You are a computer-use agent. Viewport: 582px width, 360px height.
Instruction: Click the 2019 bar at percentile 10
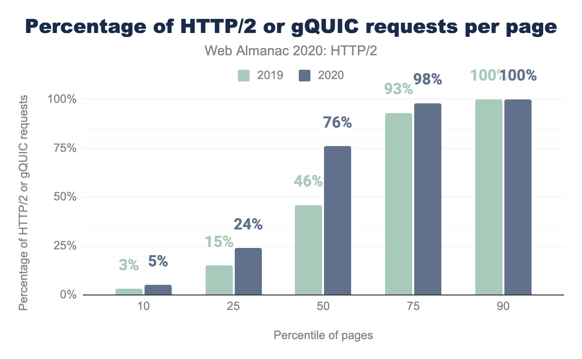tap(129, 292)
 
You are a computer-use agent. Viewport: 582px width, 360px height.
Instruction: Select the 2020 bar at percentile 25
tap(248, 272)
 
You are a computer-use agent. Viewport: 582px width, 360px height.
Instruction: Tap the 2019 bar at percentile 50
tap(308, 250)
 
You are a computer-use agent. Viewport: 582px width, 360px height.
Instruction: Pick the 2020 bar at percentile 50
tap(338, 220)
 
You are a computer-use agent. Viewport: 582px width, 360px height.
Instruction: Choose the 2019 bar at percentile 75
tap(398, 204)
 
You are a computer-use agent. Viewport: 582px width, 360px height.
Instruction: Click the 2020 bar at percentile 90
tap(518, 197)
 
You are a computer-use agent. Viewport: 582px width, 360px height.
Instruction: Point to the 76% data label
tap(338, 122)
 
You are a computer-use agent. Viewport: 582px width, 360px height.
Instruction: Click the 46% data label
tap(308, 181)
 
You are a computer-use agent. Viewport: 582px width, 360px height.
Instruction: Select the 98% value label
tap(427, 79)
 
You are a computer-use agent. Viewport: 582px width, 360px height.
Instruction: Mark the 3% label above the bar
tap(129, 265)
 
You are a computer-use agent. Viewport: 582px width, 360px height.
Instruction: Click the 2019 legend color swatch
tap(243, 75)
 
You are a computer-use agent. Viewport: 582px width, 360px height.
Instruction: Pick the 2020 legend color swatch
tap(305, 75)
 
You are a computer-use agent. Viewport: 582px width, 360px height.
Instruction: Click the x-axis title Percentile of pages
tap(323, 335)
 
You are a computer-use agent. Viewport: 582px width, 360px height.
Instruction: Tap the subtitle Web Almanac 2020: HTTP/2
tap(291, 51)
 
